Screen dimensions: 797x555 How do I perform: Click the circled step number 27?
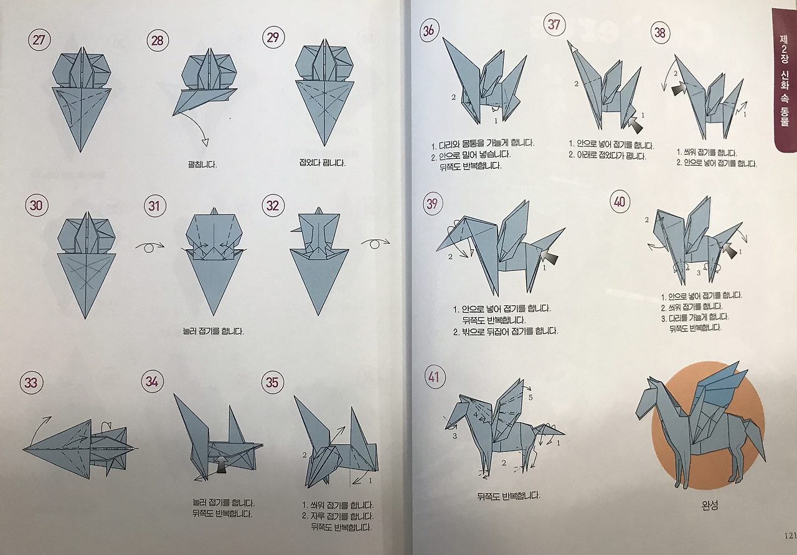[39, 39]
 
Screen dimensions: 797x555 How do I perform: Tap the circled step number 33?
[31, 383]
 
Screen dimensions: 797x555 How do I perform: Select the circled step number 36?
[429, 31]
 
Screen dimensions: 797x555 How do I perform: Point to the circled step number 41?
[434, 377]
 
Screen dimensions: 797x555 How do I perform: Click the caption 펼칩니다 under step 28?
[202, 164]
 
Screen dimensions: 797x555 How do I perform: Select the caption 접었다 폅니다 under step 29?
[323, 163]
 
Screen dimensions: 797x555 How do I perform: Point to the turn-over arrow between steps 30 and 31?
[150, 247]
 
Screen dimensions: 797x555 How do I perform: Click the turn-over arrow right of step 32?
[375, 244]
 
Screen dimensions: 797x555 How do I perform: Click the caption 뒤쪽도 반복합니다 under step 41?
[509, 496]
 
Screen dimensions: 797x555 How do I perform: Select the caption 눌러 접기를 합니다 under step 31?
[213, 331]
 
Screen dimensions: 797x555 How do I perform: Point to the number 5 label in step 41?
[531, 397]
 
